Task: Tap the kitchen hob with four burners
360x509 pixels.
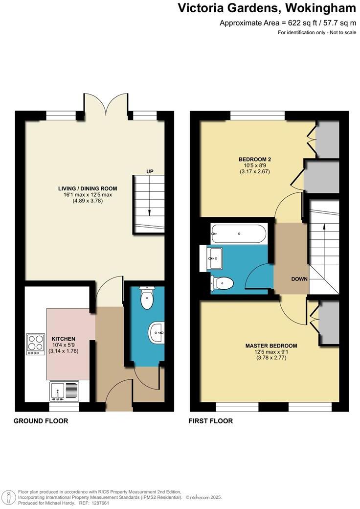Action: (x=35, y=344)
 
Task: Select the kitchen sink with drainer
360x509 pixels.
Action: (x=64, y=391)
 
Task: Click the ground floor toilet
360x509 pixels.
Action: (x=147, y=298)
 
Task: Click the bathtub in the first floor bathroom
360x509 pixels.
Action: (x=239, y=234)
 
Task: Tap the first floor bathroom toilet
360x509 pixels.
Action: (x=222, y=283)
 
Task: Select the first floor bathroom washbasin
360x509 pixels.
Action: (x=215, y=257)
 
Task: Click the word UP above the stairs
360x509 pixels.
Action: (x=150, y=171)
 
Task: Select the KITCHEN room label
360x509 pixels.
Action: (x=64, y=339)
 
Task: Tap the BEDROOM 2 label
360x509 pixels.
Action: (x=255, y=159)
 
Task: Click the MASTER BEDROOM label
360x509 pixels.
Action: (x=271, y=346)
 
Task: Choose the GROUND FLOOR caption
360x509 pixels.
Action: (x=41, y=421)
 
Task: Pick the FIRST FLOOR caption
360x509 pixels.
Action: (x=211, y=421)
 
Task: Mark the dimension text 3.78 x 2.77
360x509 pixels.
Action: (x=271, y=358)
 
